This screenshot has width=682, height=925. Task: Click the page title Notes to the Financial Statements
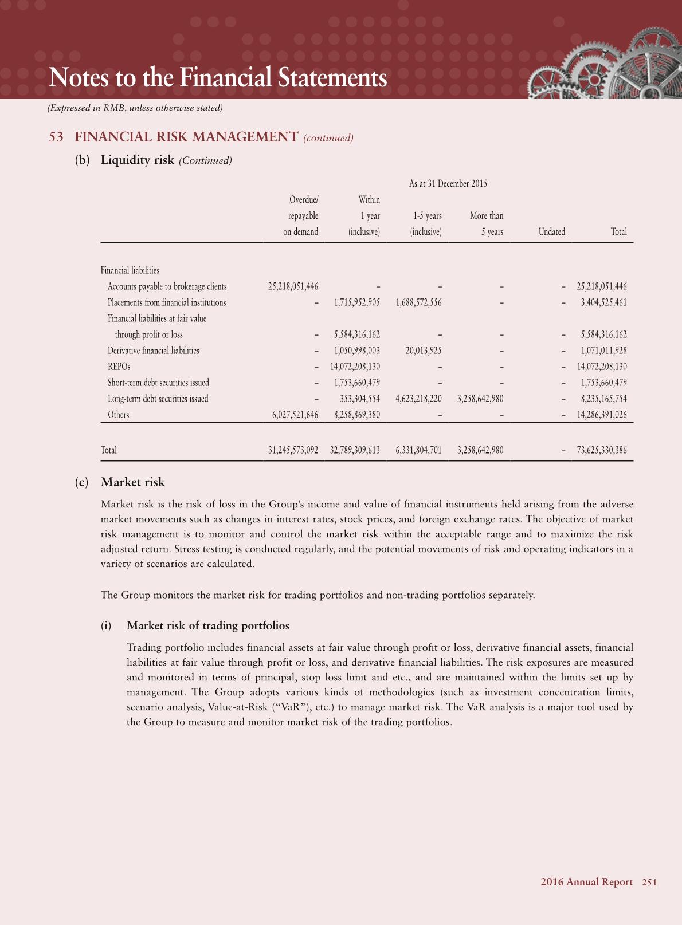pos(218,78)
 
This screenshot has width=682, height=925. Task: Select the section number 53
pos(56,137)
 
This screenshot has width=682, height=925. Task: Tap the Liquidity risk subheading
pos(138,160)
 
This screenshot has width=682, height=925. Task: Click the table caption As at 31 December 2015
pos(448,183)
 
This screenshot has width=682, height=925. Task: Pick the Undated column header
pos(551,232)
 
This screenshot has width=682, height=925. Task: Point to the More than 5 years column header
pos(487,223)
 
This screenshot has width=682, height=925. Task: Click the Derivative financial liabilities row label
pos(154,351)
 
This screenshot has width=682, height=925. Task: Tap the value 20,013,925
pos(424,351)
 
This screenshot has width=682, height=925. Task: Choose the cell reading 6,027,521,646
pos(295,415)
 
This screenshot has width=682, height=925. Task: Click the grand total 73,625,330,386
pos(601,450)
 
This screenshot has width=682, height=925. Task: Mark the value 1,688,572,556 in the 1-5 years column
pos(418,302)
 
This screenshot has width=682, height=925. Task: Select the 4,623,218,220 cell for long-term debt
pos(418,399)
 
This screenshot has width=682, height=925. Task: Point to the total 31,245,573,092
pos(293,450)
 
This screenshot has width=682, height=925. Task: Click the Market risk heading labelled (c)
pos(132,482)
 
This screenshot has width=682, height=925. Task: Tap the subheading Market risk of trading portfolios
pos(207,625)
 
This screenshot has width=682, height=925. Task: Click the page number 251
pos(649,883)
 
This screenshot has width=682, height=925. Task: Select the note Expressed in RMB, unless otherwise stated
pos(135,108)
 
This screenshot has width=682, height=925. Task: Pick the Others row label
pos(119,415)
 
